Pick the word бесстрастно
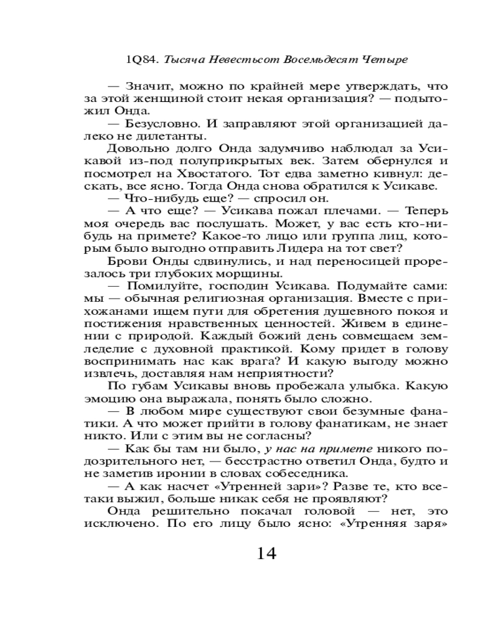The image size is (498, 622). [254, 461]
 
